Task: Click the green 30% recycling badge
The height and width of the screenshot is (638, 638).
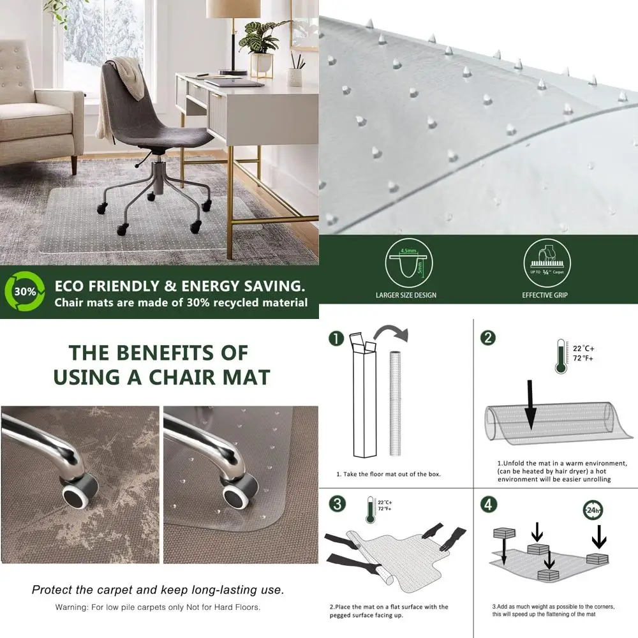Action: pos(25,291)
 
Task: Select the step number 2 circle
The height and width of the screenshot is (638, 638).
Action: pos(487,338)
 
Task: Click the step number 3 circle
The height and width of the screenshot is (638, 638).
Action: pos(336,503)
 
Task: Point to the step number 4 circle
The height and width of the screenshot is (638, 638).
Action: pos(487,503)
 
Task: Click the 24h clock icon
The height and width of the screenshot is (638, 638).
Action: pos(593,510)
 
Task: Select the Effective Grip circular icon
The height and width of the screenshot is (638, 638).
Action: pos(545,263)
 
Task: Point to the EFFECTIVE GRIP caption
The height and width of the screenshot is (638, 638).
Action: pos(545,295)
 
